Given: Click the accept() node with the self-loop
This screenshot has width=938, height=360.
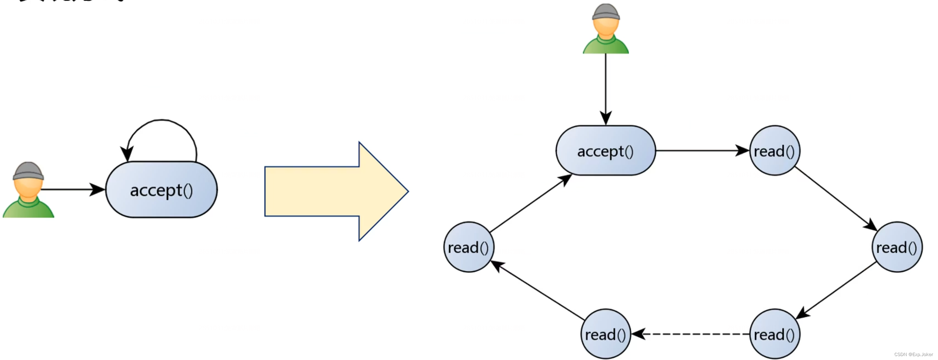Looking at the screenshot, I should (x=161, y=189).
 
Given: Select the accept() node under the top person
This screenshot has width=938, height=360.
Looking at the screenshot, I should (x=605, y=151).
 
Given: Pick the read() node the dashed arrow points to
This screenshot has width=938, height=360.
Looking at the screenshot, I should (x=605, y=334).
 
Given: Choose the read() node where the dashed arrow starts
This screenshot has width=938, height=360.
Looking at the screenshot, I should (x=775, y=334).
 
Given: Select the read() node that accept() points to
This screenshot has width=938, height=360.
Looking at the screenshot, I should (x=775, y=151).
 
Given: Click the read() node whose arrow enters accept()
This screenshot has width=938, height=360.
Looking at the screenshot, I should (x=469, y=247).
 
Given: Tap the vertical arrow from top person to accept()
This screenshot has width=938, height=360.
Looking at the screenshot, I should (x=606, y=87).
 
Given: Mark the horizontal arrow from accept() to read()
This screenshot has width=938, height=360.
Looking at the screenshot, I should (x=701, y=150).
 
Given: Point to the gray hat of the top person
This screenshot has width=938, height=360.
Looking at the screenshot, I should (x=606, y=12).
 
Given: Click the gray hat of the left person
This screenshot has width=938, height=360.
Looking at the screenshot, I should (x=28, y=171).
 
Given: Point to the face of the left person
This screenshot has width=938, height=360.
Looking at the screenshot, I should (x=28, y=188).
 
